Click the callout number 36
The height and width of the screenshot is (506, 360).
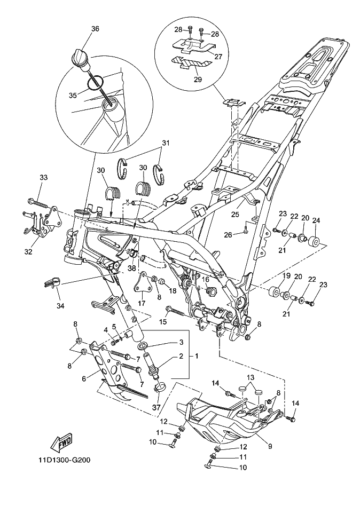(95, 29)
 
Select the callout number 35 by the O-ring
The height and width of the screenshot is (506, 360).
(73, 95)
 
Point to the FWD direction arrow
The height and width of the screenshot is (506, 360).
(61, 442)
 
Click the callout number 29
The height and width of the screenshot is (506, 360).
(198, 79)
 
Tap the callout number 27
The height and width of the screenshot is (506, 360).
(218, 57)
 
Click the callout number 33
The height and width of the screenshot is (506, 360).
(44, 178)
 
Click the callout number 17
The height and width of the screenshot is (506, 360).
(142, 303)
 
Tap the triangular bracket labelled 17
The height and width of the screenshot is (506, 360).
(142, 281)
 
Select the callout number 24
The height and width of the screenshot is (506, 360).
(316, 221)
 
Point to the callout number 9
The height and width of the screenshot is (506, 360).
(270, 447)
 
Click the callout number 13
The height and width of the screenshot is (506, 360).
(251, 377)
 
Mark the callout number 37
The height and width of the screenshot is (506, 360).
(156, 407)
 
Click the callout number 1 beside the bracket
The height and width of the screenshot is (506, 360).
(197, 356)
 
